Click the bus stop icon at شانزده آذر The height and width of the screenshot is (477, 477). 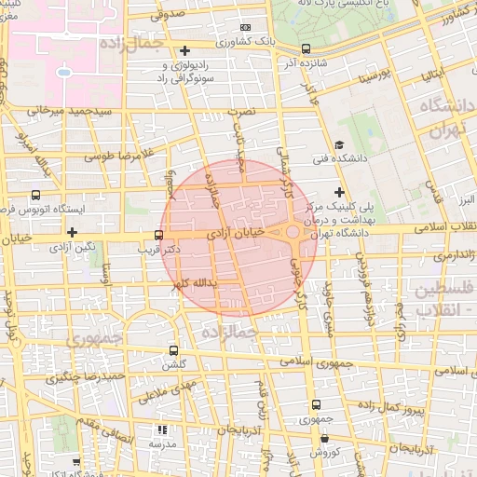(307, 49)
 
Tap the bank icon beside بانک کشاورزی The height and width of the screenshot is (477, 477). (245, 29)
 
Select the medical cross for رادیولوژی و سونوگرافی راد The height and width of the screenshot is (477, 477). (184, 50)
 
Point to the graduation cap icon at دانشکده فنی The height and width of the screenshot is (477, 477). (339, 144)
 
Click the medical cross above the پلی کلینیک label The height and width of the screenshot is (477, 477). (339, 191)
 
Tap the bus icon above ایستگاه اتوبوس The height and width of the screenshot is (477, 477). (35, 196)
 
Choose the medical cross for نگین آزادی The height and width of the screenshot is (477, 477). (72, 230)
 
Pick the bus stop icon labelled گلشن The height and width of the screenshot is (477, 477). (173, 351)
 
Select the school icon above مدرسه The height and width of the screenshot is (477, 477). (161, 430)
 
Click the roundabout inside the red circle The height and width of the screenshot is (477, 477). (293, 231)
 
